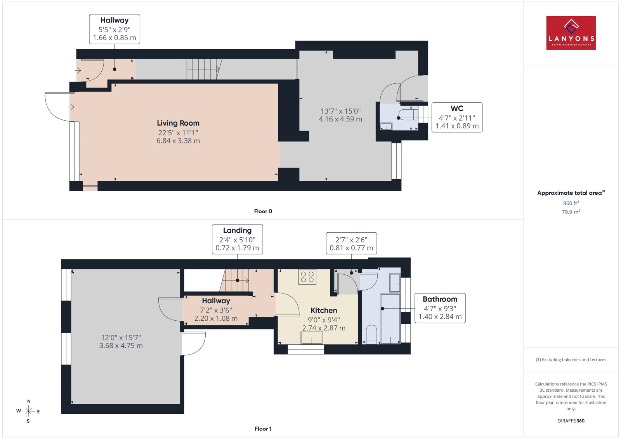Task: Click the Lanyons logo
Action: pyautogui.click(x=571, y=33)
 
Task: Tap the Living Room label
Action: pyautogui.click(x=178, y=123)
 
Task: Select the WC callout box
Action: pyautogui.click(x=457, y=118)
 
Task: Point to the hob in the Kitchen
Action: pyautogui.click(x=307, y=277)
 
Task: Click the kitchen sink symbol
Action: pyautogui.click(x=312, y=338)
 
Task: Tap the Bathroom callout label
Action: pyautogui.click(x=440, y=308)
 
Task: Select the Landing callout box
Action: pyautogui.click(x=237, y=239)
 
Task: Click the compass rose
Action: pyautogui.click(x=28, y=411)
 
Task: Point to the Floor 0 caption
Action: pyautogui.click(x=263, y=211)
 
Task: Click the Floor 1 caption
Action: pyautogui.click(x=263, y=429)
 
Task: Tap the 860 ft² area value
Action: pyautogui.click(x=571, y=203)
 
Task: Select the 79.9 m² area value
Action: pyautogui.click(x=571, y=212)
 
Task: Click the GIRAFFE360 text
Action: pyautogui.click(x=571, y=421)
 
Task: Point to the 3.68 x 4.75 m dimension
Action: pyautogui.click(x=121, y=346)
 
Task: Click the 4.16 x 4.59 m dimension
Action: pyautogui.click(x=340, y=119)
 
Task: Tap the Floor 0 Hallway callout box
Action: pyautogui.click(x=114, y=29)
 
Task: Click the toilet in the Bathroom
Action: pyautogui.click(x=371, y=334)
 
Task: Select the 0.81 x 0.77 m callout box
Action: pyautogui.click(x=351, y=243)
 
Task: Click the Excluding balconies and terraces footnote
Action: pyautogui.click(x=571, y=359)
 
